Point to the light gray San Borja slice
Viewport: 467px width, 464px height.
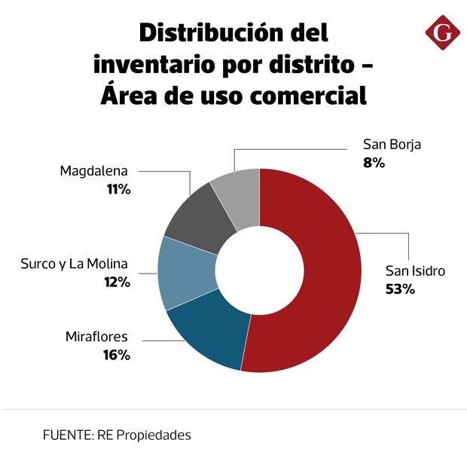[238, 196]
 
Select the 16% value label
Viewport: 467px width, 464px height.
[117, 355]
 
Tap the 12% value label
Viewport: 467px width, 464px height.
[117, 282]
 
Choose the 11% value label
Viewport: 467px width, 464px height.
[118, 190]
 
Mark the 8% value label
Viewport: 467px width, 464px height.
[374, 161]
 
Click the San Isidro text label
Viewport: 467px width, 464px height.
[415, 270]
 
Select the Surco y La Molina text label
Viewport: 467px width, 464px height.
[75, 264]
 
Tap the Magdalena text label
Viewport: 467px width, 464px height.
[94, 171]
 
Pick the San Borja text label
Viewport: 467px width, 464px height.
[392, 144]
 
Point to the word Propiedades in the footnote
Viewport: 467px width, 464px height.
[155, 435]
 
